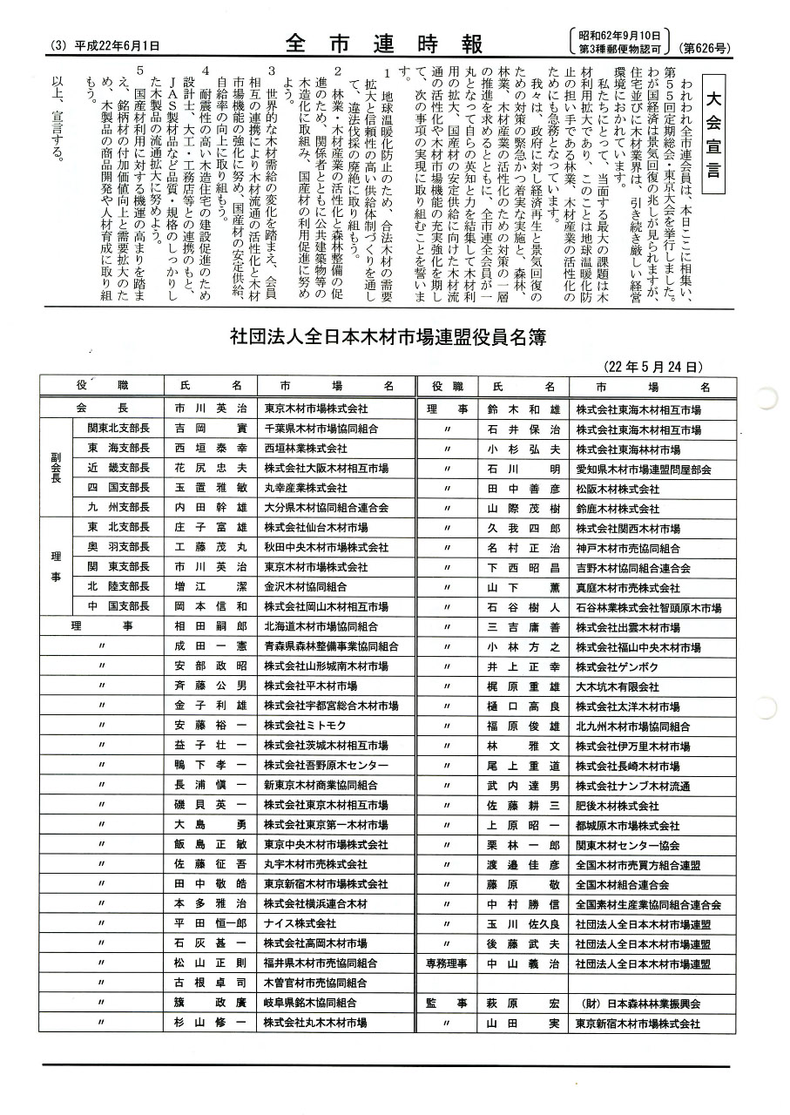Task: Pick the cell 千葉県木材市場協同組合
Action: [321, 429]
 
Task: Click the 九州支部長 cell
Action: [117, 507]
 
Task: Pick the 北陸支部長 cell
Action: [117, 586]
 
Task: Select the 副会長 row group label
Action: [56, 467]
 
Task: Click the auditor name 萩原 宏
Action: [523, 1003]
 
